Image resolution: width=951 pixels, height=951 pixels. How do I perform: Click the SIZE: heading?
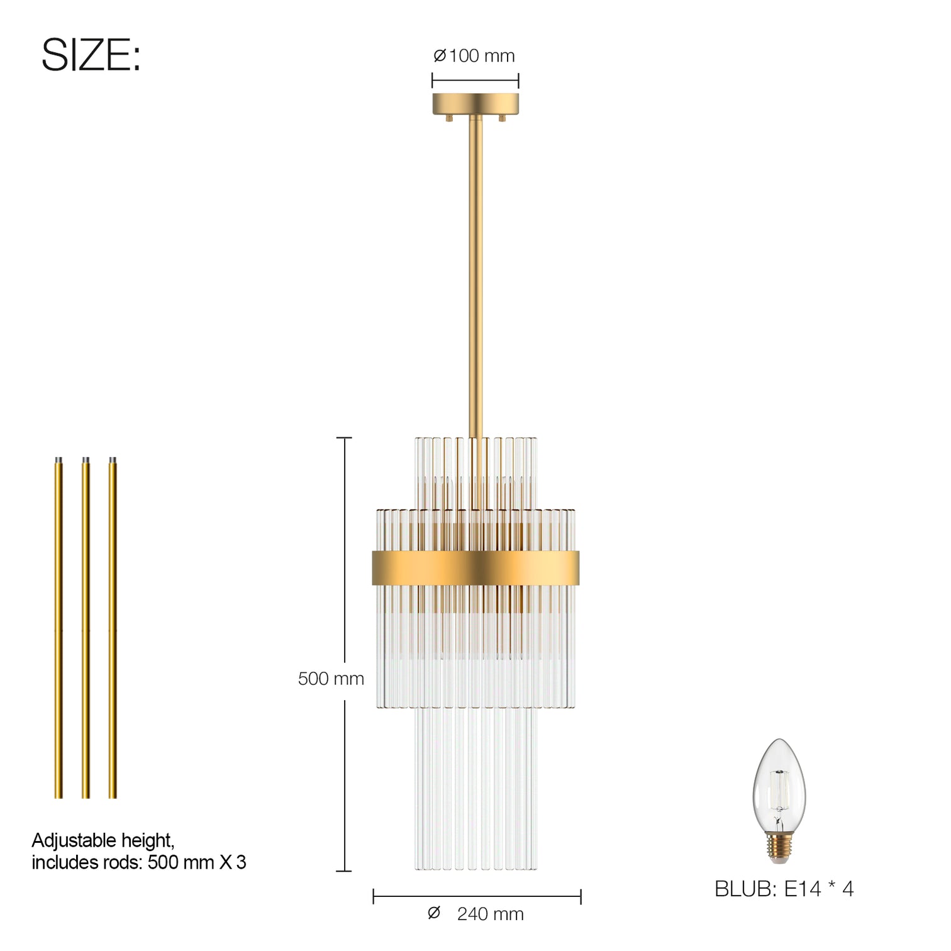91,55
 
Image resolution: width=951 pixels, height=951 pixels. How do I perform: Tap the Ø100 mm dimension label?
474,56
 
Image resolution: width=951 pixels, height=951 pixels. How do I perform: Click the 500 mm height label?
331,679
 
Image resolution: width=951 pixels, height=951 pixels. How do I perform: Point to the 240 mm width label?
490,914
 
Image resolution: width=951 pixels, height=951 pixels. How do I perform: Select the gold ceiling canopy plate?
475,104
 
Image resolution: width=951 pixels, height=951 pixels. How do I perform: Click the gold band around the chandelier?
475,568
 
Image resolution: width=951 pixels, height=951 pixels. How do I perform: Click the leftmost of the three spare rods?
58,629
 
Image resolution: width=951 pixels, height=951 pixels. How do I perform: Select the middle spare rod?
86,629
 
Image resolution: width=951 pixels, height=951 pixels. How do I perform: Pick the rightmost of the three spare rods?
113,629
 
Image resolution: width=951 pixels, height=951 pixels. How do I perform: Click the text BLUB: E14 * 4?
784,889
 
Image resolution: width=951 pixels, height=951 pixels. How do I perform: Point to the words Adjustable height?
103,840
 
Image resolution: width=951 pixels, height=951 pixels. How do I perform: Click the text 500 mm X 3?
197,862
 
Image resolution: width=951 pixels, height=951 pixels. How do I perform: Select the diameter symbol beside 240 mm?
433,913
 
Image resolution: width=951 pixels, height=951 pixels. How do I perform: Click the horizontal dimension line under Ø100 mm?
475,81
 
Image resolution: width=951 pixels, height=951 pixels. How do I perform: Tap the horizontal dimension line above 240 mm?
477,897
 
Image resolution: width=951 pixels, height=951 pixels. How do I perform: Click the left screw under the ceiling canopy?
449,118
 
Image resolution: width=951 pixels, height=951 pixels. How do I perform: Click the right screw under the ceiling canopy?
502,118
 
